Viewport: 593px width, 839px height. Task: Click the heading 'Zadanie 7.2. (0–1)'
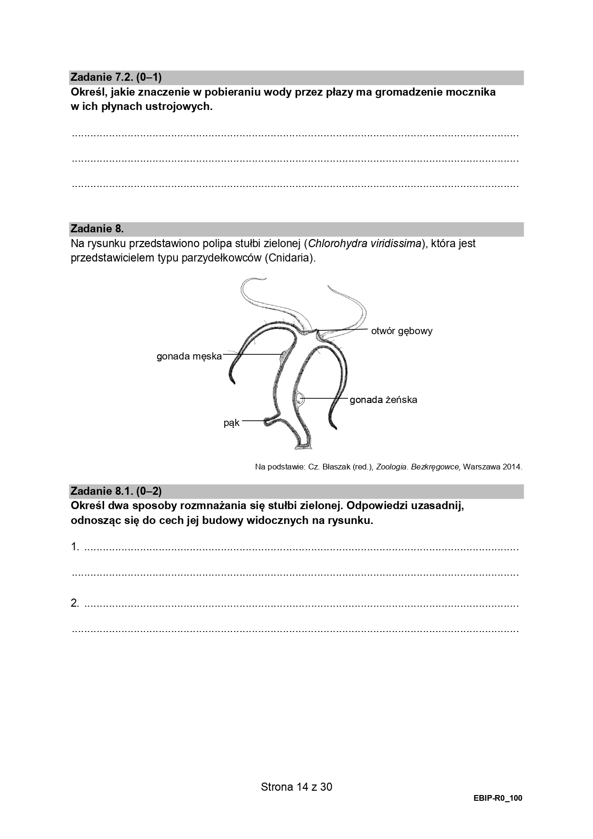[116, 77]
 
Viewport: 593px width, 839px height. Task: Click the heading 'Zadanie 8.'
[97, 229]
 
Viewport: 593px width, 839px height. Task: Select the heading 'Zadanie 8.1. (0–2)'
[116, 491]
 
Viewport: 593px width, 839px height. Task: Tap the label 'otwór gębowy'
[401, 331]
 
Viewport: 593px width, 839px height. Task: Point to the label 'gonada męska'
[189, 356]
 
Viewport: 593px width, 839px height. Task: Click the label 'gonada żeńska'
[383, 400]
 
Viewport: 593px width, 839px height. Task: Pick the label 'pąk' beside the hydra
[231, 423]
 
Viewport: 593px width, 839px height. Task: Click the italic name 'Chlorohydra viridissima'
[365, 243]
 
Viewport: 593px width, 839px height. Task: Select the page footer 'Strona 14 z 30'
[296, 787]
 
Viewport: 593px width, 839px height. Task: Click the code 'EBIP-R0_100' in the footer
[498, 798]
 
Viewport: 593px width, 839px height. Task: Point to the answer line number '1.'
[75, 547]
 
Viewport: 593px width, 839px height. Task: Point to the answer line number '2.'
[75, 603]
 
